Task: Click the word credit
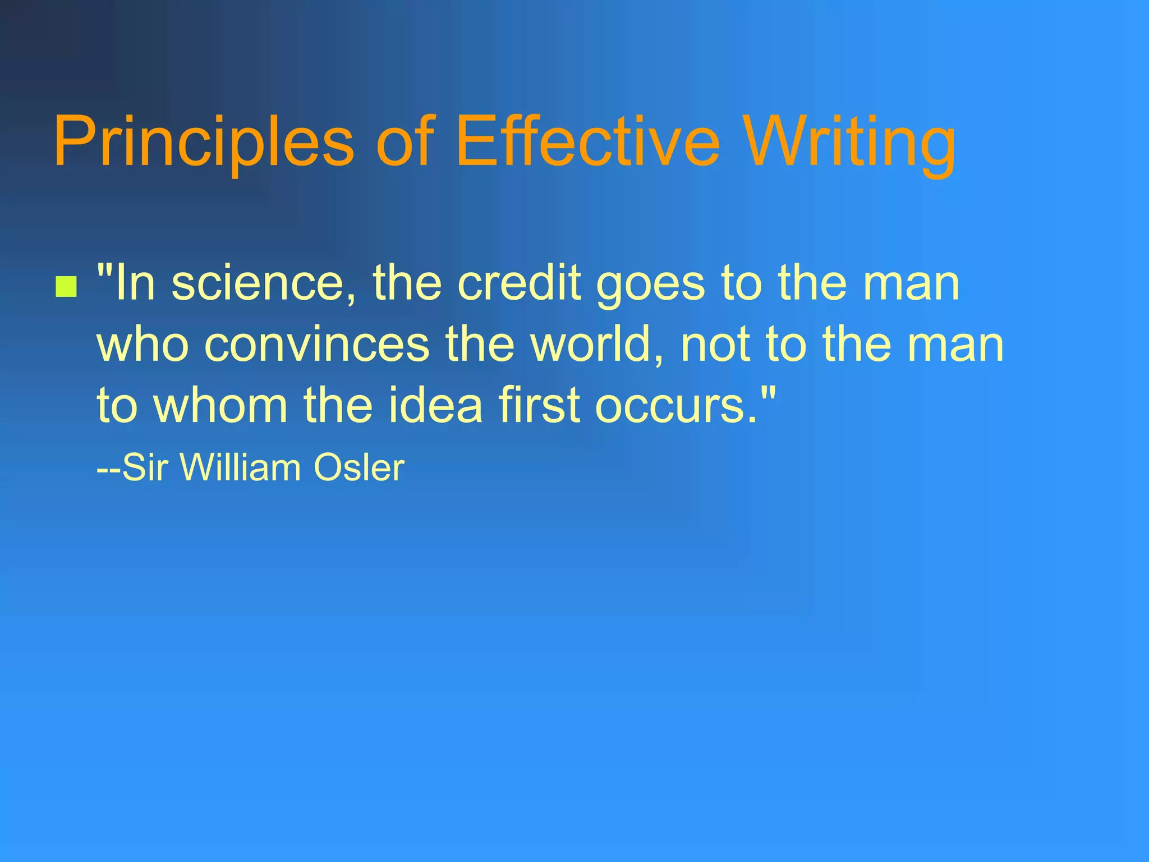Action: pyautogui.click(x=520, y=283)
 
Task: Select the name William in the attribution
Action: pyautogui.click(x=240, y=467)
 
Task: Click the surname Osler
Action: pyautogui.click(x=359, y=467)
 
